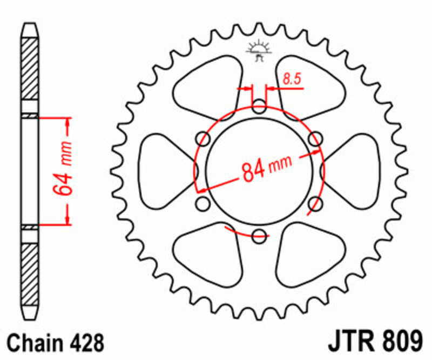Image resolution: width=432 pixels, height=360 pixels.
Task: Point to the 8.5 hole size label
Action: pyautogui.click(x=292, y=79)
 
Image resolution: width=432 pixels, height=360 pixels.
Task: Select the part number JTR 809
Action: pyautogui.click(x=375, y=342)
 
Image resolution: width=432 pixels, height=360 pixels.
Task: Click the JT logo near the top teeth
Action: pyautogui.click(x=259, y=50)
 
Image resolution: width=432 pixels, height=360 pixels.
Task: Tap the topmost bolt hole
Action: pyautogui.click(x=259, y=106)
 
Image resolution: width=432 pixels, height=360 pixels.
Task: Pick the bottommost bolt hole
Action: pyautogui.click(x=259, y=236)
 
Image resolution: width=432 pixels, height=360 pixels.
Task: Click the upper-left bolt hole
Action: pyautogui.click(x=203, y=139)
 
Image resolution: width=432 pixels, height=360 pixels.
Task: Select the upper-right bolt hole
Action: pyautogui.click(x=315, y=139)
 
